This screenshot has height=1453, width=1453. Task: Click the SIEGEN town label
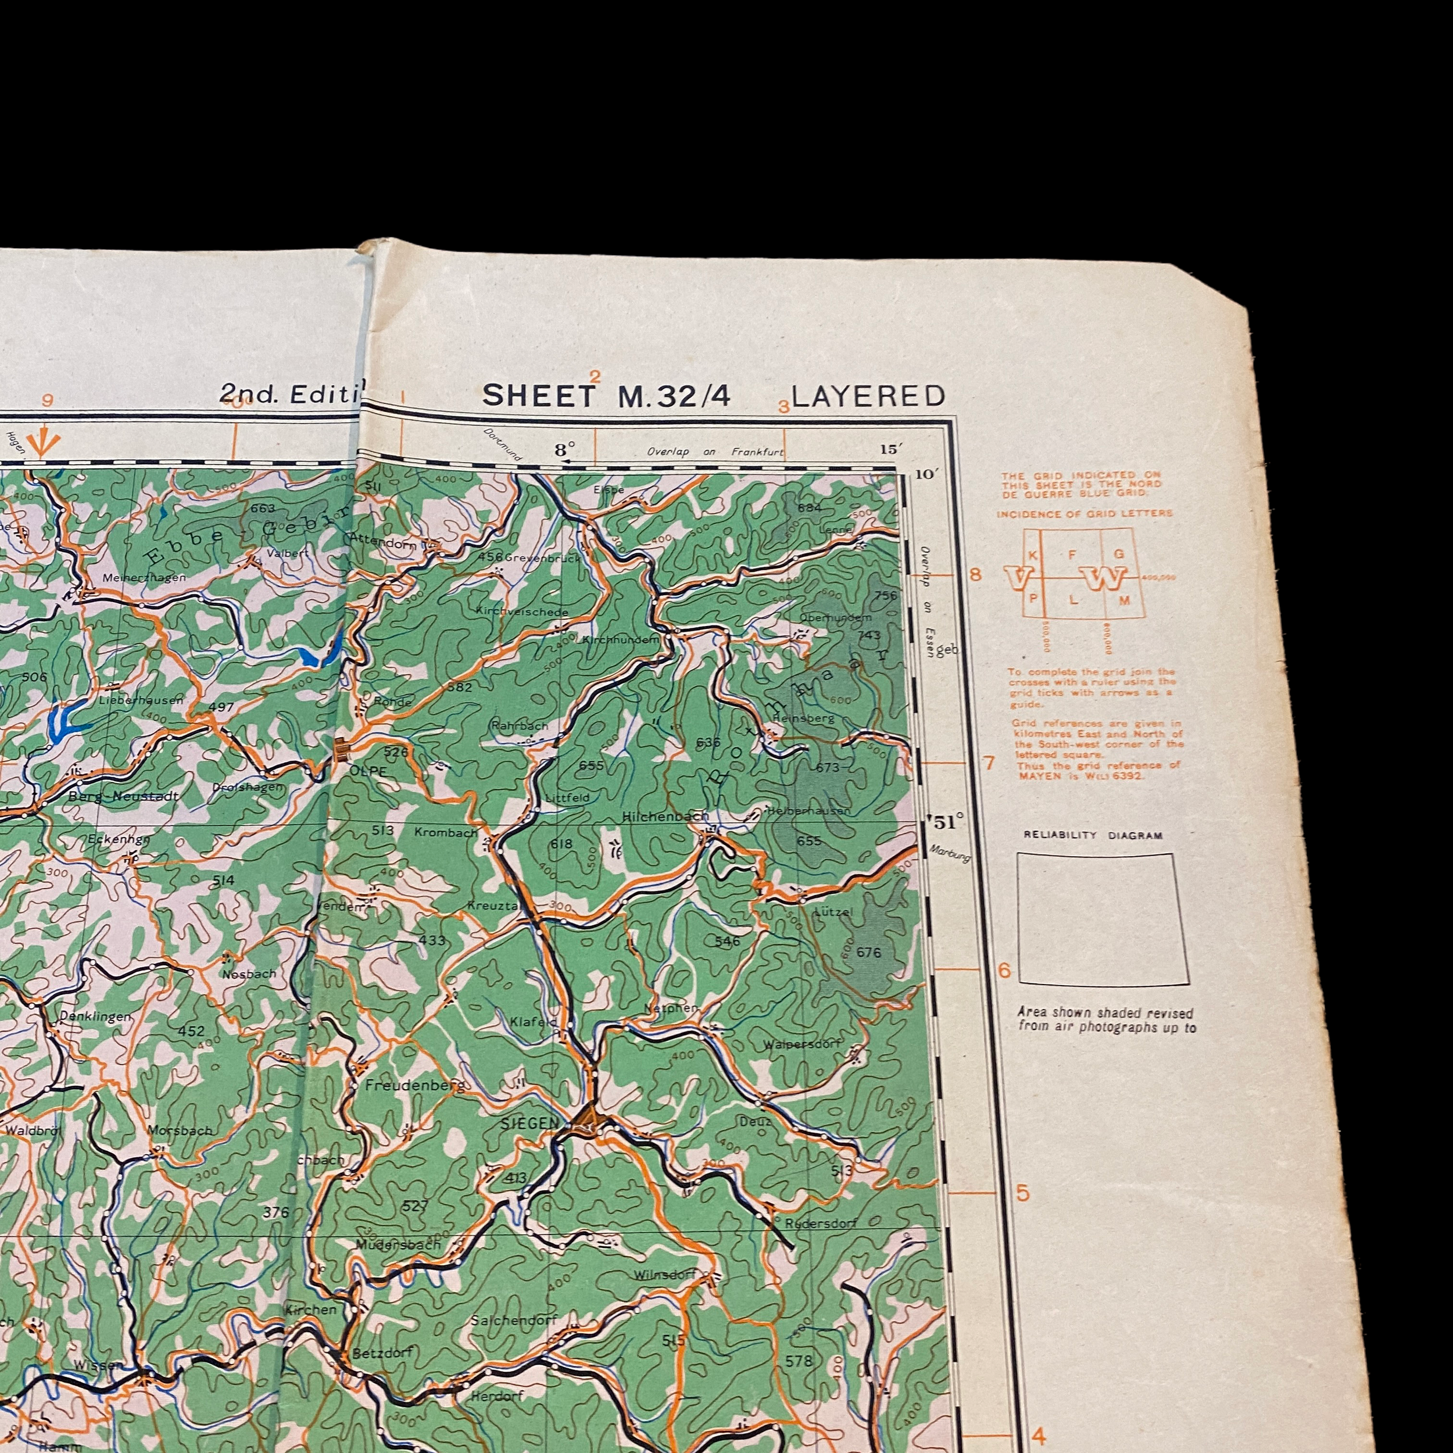[x=530, y=1123]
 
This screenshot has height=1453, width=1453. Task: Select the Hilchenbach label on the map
[x=665, y=816]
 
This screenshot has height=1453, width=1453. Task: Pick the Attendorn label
[x=384, y=540]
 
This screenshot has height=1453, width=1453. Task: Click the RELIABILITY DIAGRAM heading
[x=1093, y=835]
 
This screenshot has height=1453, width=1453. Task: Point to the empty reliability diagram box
[x=1102, y=918]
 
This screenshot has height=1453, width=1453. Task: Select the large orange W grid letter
[x=1104, y=578]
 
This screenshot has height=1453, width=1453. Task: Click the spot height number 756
[x=886, y=596]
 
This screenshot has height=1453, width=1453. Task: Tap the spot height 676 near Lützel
[x=869, y=952]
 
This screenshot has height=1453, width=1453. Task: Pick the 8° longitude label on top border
[x=564, y=450]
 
